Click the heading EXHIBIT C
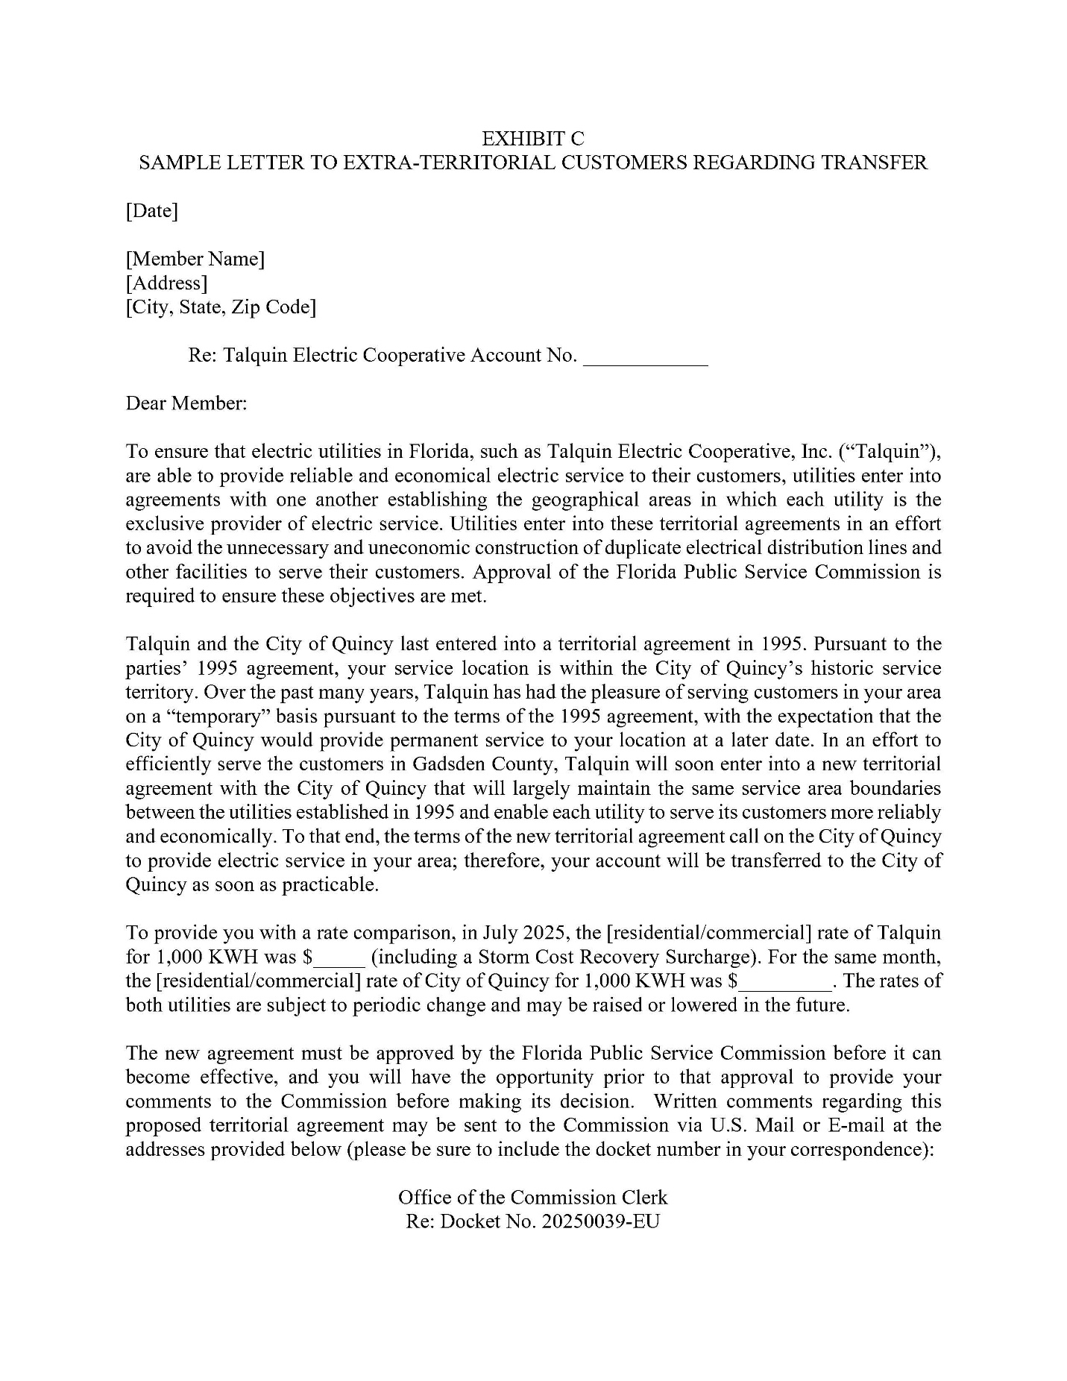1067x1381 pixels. (533, 138)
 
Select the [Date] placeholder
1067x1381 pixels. (152, 211)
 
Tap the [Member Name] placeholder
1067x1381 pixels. (195, 259)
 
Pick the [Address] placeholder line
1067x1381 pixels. (166, 283)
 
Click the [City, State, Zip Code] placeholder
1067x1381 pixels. (221, 306)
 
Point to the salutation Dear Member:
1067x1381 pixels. (186, 403)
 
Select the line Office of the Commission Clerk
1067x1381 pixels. (533, 1197)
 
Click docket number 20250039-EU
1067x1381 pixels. (602, 1221)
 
